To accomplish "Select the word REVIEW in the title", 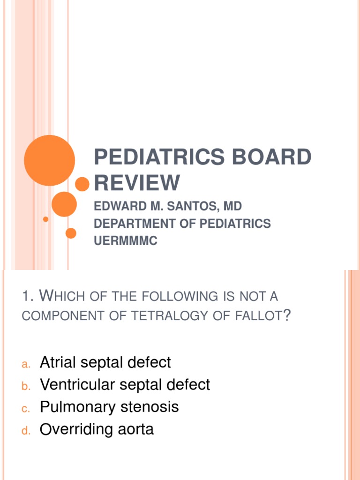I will pyautogui.click(x=137, y=182).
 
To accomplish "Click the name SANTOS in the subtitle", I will pyautogui.click(x=190, y=206).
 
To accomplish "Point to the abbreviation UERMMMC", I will pyautogui.click(x=126, y=241).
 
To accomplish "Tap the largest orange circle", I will pyautogui.click(x=49, y=160).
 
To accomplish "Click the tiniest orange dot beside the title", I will pyautogui.click(x=45, y=219).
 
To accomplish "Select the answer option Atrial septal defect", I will pyautogui.click(x=105, y=362).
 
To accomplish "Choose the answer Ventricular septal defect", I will pyautogui.click(x=125, y=385).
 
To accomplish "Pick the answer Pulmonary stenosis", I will pyautogui.click(x=109, y=407).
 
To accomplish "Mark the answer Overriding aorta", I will pyautogui.click(x=97, y=429).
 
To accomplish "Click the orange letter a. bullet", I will pyautogui.click(x=26, y=364).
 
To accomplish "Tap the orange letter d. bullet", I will pyautogui.click(x=26, y=431).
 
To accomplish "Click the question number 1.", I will pyautogui.click(x=27, y=296).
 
